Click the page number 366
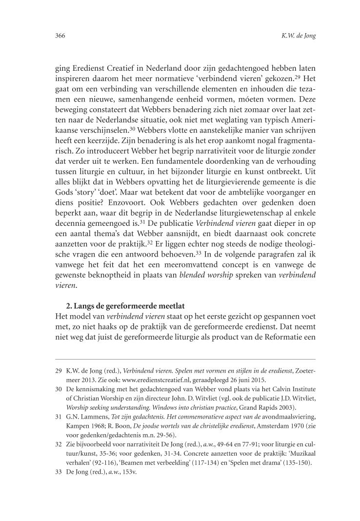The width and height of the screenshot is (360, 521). [60, 36]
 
